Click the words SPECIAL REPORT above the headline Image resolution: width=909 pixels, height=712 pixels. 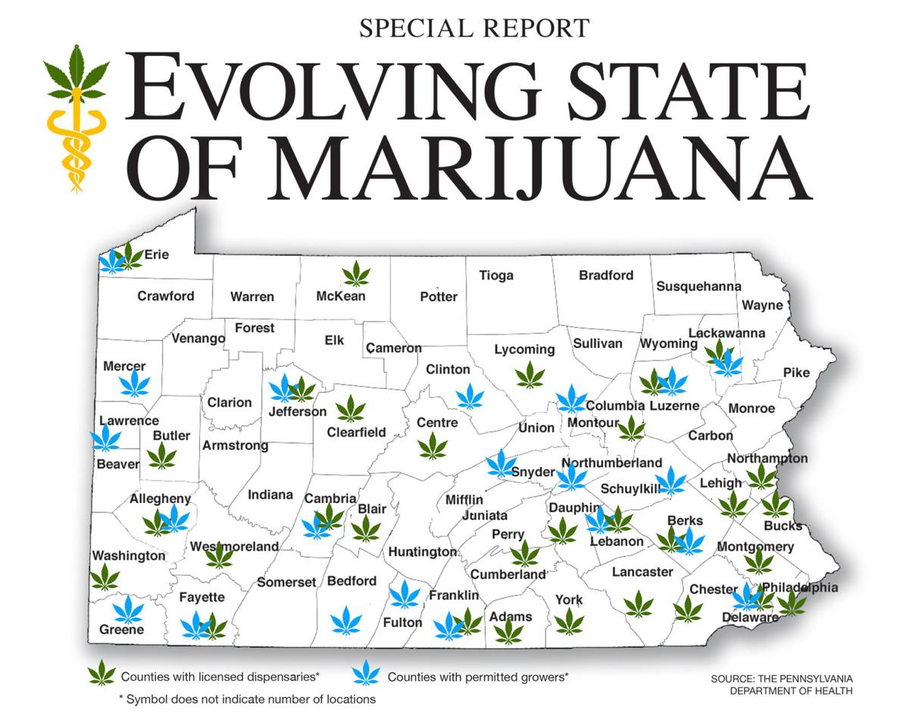474,28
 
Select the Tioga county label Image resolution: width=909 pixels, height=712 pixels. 496,276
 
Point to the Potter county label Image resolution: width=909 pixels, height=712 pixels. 439,297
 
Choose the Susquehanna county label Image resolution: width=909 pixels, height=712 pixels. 698,286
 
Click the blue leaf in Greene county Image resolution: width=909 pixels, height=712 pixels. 128,610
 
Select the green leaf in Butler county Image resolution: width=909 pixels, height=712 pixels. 161,456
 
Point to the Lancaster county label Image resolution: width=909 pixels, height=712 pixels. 642,572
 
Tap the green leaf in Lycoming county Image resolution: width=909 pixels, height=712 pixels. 529,374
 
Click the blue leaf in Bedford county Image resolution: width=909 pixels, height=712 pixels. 346,620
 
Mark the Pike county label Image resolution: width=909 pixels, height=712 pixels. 796,373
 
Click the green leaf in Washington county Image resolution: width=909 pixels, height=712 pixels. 105,577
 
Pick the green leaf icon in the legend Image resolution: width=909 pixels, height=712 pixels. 102,673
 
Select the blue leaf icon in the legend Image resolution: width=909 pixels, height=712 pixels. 367,673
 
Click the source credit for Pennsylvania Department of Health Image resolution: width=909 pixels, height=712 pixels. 782,684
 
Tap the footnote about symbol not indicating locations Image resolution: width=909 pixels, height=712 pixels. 246,698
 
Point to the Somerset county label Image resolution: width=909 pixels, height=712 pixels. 286,582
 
